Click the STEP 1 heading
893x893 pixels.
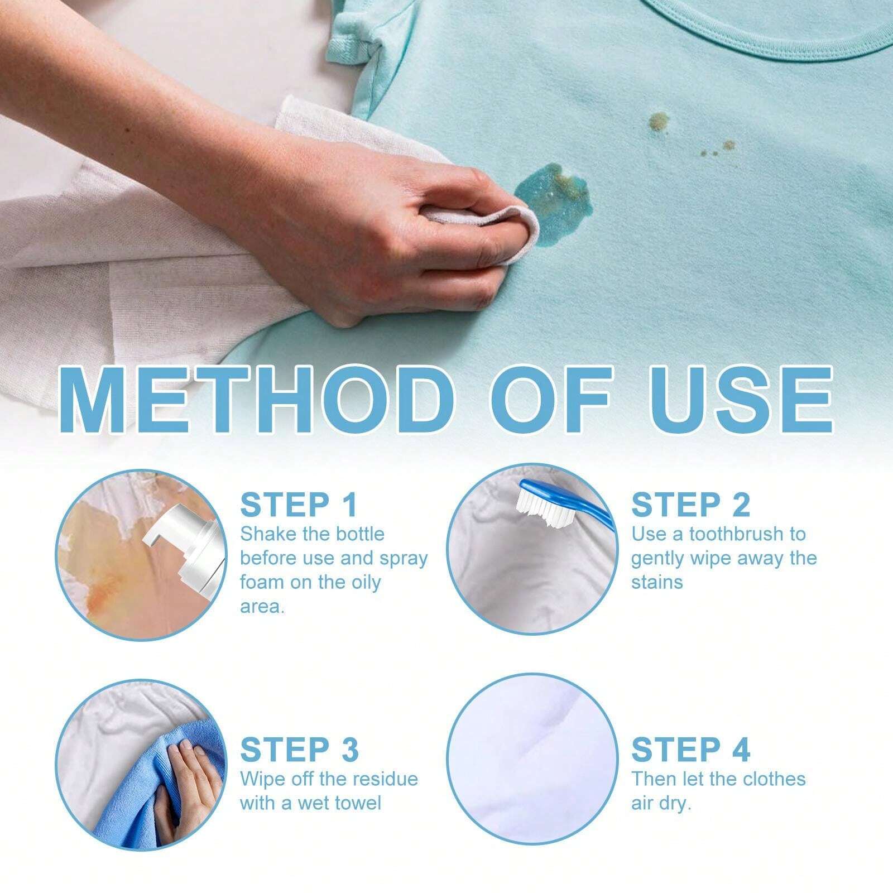coord(298,505)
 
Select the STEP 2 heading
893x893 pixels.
coord(690,505)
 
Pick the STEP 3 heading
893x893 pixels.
coord(299,749)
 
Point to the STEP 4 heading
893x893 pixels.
coord(690,749)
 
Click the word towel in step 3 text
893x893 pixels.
coord(359,803)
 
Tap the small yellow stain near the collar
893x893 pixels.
coord(659,119)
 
